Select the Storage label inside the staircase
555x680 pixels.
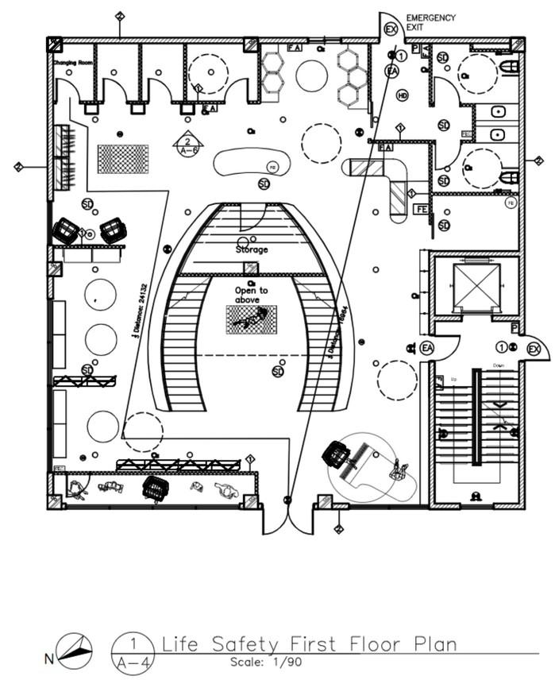click(x=251, y=249)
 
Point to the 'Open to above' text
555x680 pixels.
click(x=251, y=295)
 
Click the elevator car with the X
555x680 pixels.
click(x=476, y=286)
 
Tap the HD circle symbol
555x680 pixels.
click(x=402, y=95)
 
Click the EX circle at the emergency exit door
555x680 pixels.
click(x=391, y=29)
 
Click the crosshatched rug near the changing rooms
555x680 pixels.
click(x=122, y=159)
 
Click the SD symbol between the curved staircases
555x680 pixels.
click(x=278, y=371)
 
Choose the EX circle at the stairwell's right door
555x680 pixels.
click(x=534, y=349)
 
